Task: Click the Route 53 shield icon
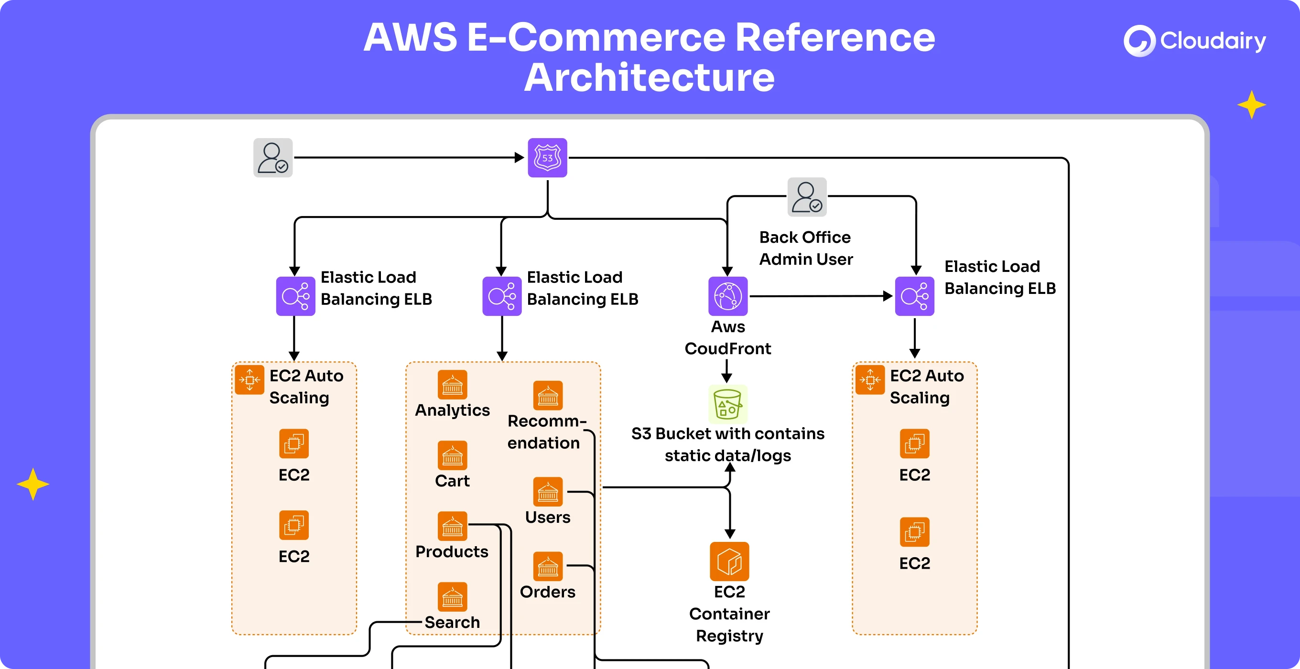click(x=547, y=158)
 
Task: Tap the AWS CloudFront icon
click(x=728, y=296)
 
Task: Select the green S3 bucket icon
click(x=728, y=404)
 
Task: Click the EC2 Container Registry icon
click(x=729, y=561)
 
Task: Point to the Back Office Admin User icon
click(x=807, y=197)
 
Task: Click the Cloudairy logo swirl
click(x=1139, y=41)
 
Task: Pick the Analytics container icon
click(x=452, y=385)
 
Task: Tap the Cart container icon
click(x=452, y=455)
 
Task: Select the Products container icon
click(x=452, y=526)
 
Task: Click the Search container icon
click(x=452, y=597)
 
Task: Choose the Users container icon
click(x=548, y=492)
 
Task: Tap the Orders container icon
click(x=548, y=567)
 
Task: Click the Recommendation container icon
click(x=548, y=396)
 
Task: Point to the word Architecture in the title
click(x=650, y=78)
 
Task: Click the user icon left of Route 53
click(x=273, y=158)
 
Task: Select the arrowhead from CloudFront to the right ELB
click(x=888, y=296)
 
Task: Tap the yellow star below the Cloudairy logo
click(x=1252, y=105)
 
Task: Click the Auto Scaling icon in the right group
click(x=870, y=380)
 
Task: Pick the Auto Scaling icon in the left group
click(x=249, y=380)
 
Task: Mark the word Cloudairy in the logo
click(x=1213, y=41)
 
